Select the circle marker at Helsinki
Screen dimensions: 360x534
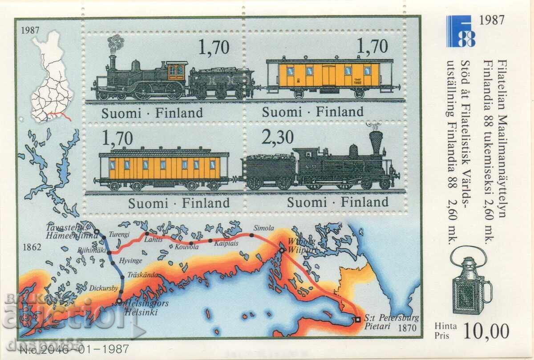(x=119, y=302)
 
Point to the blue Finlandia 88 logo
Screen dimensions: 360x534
(x=461, y=32)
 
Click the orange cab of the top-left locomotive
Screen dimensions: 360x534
(x=176, y=70)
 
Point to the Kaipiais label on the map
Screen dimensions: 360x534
(x=226, y=243)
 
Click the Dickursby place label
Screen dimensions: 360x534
(x=103, y=288)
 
